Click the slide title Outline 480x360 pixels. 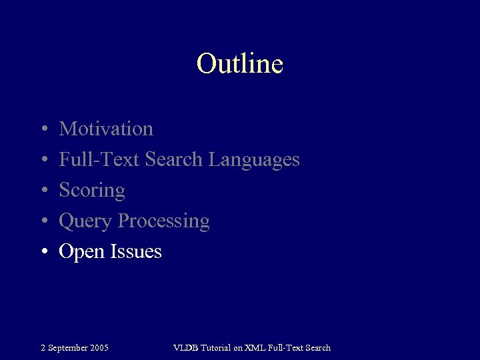[x=240, y=64]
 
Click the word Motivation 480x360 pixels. [x=106, y=129]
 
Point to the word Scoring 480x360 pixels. [x=92, y=191]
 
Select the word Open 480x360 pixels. [x=80, y=252]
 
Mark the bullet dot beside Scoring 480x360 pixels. [x=43, y=191]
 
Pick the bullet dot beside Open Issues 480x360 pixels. [x=43, y=252]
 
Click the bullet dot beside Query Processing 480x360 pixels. [x=43, y=221]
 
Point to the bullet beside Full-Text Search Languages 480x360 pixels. [x=43, y=160]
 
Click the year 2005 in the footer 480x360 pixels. [x=99, y=347]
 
